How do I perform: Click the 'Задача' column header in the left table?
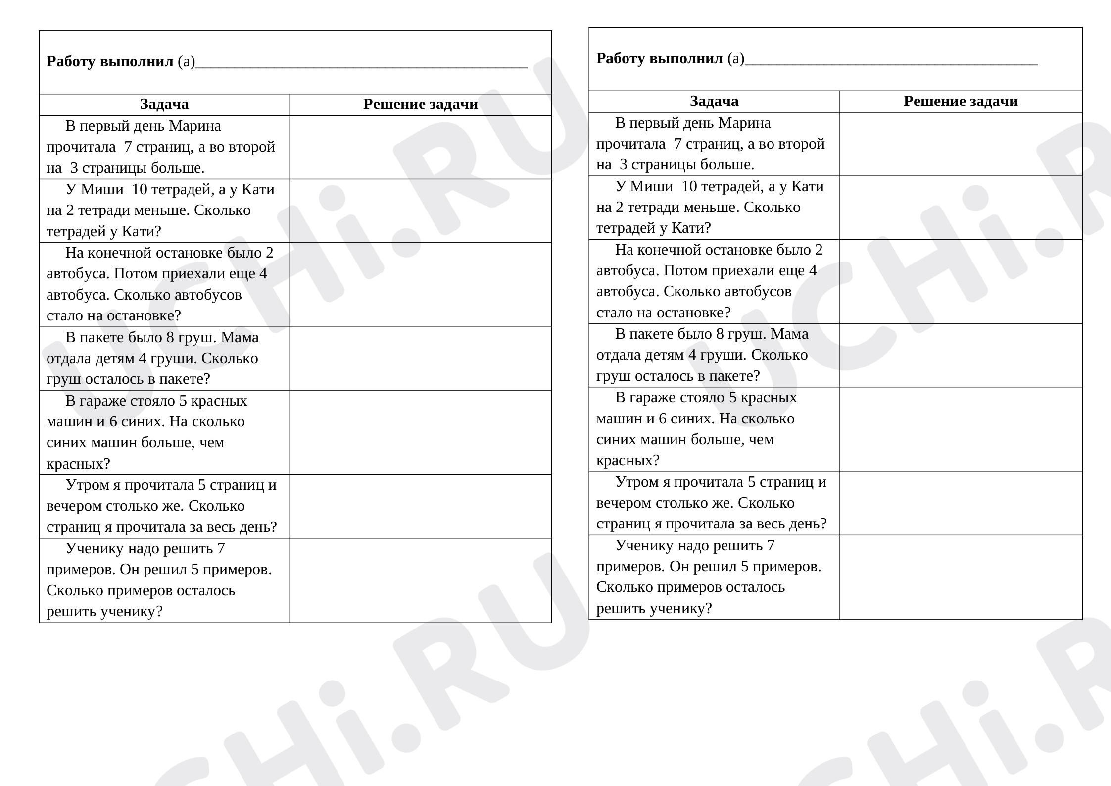click(164, 105)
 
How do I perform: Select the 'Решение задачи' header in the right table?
click(961, 102)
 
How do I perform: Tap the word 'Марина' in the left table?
click(195, 126)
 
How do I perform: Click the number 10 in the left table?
click(140, 190)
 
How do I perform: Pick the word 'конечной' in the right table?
click(675, 250)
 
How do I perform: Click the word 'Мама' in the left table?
click(240, 338)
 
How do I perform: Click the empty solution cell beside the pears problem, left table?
click(420, 359)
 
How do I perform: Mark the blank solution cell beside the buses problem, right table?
click(961, 281)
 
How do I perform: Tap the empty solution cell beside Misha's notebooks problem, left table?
click(420, 210)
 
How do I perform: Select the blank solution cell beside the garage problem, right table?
click(961, 429)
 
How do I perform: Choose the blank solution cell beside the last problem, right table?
click(961, 577)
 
